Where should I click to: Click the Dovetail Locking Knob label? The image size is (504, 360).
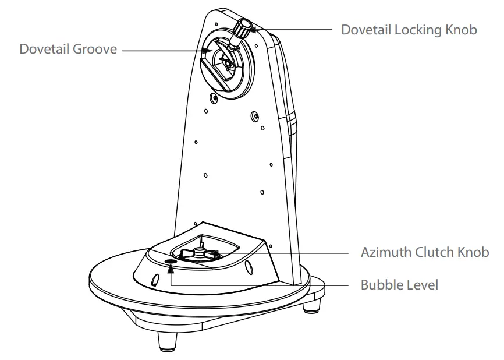(409, 29)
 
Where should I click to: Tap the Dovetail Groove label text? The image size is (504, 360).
(68, 50)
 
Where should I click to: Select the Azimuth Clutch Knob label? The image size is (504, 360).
(424, 252)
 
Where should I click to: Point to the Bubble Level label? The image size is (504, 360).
(400, 285)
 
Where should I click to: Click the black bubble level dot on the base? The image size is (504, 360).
(171, 262)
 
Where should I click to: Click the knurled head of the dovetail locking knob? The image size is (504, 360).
(244, 25)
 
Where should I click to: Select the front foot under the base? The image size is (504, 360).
(168, 342)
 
